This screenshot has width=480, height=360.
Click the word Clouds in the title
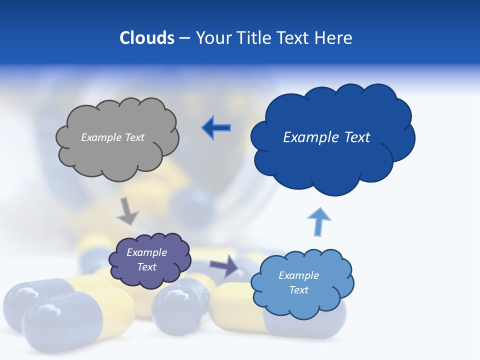147,38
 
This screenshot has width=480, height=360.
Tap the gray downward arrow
127,211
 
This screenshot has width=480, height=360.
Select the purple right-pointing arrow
224,265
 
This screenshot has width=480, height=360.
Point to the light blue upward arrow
318,221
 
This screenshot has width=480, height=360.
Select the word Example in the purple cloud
146,252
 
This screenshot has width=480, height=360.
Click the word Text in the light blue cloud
298,290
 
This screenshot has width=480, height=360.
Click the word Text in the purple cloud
146,267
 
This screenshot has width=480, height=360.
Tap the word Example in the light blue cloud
298,275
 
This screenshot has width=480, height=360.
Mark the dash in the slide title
184,38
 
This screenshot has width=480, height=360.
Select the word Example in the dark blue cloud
308,137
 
